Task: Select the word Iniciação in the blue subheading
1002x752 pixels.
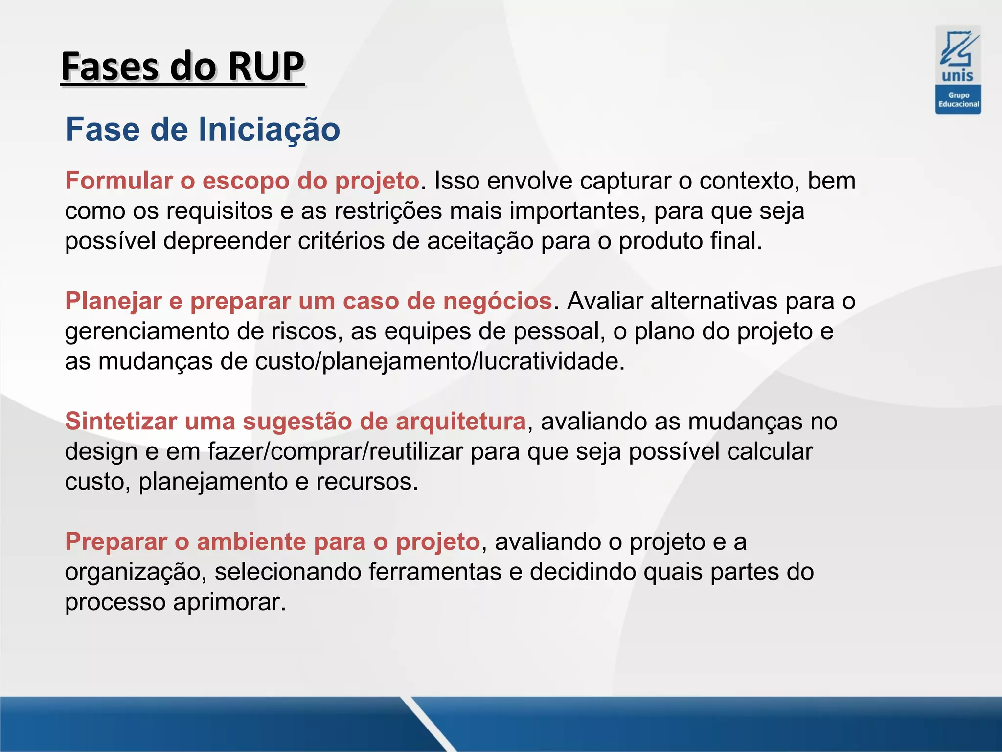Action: (269, 129)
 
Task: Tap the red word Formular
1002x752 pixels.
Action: (119, 181)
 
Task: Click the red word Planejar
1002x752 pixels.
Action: (113, 301)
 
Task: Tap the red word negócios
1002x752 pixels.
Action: (497, 301)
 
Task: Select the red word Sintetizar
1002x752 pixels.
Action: (121, 422)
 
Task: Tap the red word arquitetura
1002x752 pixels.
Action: (460, 422)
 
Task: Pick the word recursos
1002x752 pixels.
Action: (366, 482)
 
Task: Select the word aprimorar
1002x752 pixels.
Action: (228, 602)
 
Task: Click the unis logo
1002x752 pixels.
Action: (958, 70)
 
